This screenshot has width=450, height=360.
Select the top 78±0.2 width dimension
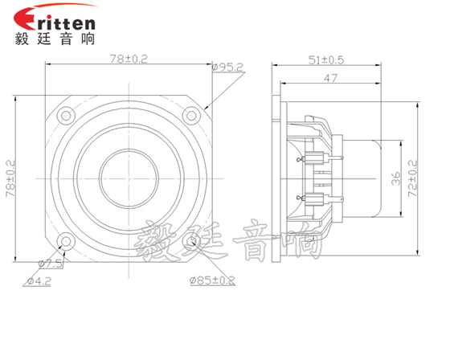point(127,59)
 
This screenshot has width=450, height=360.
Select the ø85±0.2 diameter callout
point(212,280)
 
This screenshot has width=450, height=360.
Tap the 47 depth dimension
point(329,79)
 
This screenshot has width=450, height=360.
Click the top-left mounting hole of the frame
point(64,114)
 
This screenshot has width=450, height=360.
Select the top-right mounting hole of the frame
point(190,114)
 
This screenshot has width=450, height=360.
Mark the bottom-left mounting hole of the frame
point(64,240)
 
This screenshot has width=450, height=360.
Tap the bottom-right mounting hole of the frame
point(190,240)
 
